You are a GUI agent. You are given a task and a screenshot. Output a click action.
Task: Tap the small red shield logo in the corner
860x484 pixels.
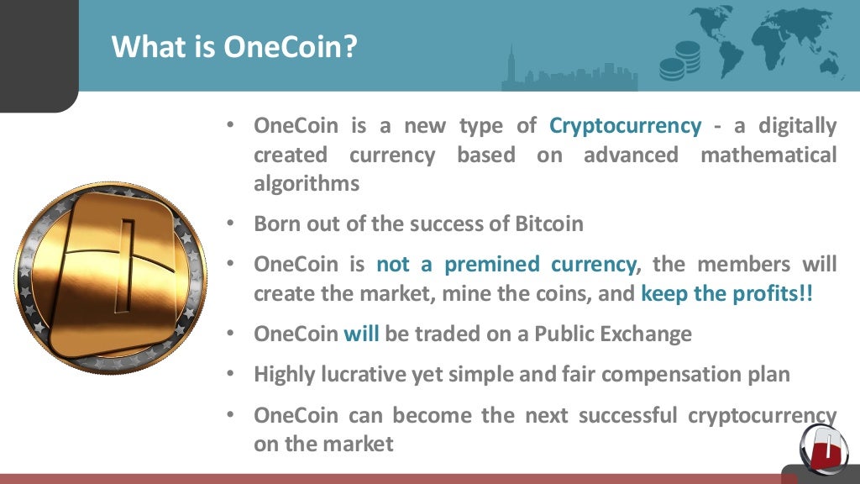pyautogui.click(x=824, y=445)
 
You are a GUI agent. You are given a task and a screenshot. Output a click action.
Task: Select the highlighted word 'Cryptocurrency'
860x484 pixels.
pyautogui.click(x=625, y=126)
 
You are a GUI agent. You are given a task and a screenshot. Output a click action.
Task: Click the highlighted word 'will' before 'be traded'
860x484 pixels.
pyautogui.click(x=362, y=334)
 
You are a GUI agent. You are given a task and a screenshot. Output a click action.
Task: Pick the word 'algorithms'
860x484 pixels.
pyautogui.click(x=307, y=184)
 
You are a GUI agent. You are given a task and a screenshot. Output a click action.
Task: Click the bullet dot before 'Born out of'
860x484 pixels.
pyautogui.click(x=229, y=225)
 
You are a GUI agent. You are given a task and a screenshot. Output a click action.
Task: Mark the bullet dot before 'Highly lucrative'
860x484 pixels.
pyautogui.click(x=229, y=375)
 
